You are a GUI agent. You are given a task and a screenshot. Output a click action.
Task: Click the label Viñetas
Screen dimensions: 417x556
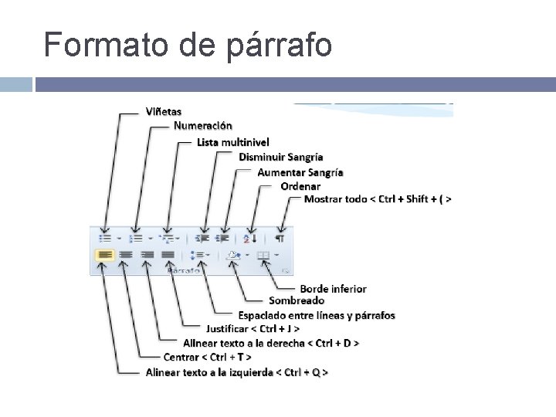coord(164,111)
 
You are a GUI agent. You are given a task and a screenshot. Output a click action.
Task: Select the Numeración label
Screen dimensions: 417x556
coord(202,125)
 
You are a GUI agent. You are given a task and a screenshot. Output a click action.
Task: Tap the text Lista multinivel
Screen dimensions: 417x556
coord(233,142)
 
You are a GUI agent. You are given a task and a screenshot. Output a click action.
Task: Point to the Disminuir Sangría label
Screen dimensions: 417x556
coord(280,157)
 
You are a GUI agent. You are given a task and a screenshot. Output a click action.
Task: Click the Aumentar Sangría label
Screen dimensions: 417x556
coord(300,172)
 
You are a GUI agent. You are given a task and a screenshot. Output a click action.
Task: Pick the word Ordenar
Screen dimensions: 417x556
coord(300,186)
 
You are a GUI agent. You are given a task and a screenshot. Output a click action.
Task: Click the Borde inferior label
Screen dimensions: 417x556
coord(333,289)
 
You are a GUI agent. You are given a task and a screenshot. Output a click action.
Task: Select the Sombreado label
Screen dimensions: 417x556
coord(297,300)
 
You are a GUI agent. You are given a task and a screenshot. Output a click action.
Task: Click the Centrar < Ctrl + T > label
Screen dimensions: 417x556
coord(207,357)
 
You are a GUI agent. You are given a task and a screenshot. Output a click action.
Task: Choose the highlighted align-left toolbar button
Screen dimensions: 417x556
coord(104,253)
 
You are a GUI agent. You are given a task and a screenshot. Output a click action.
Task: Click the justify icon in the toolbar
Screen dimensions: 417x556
coord(168,253)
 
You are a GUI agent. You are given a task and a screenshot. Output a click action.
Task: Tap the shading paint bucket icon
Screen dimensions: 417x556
coord(234,253)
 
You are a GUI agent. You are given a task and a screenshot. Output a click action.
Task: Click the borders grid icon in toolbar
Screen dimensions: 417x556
coord(264,253)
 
